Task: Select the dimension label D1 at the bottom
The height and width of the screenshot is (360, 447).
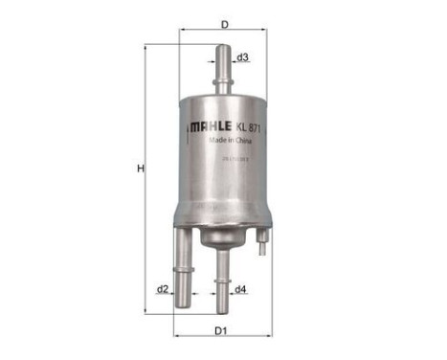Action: click(x=221, y=330)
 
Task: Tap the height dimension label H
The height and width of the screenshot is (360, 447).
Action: click(x=139, y=169)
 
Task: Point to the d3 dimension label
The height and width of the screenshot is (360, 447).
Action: click(x=243, y=57)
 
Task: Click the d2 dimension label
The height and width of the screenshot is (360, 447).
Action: click(x=163, y=289)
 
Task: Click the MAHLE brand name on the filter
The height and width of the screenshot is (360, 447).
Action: click(x=207, y=124)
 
